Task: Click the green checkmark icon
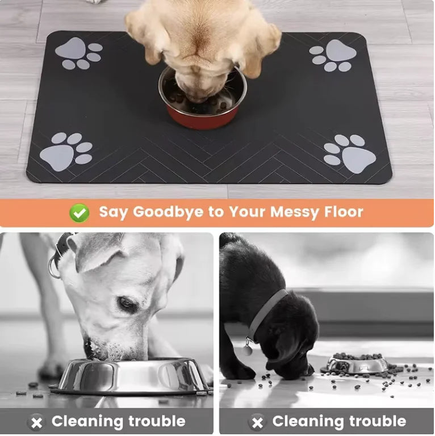pos(80,213)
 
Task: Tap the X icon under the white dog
pos(37,422)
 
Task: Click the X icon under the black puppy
pos(257,422)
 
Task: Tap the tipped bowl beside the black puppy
pos(355,364)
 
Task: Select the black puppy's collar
pos(266,313)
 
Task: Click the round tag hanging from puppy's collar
pos(247,350)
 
